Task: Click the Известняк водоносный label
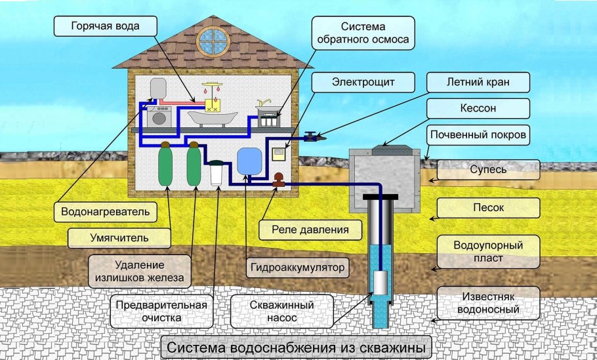pyautogui.click(x=487, y=303)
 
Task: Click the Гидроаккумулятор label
pyautogui.click(x=298, y=268)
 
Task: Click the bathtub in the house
pyautogui.click(x=211, y=118)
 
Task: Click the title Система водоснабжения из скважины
pyautogui.click(x=297, y=346)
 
